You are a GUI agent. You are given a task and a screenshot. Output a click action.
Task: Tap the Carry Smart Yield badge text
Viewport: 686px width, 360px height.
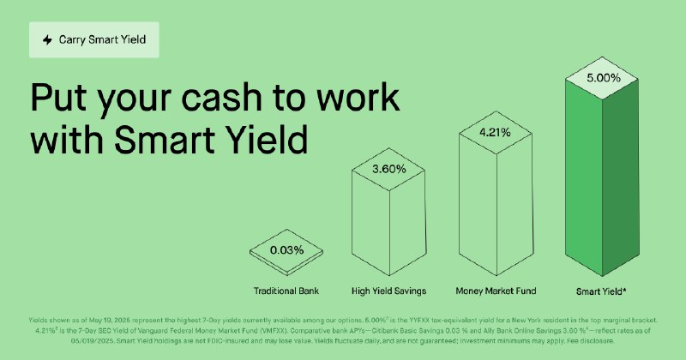[100, 39]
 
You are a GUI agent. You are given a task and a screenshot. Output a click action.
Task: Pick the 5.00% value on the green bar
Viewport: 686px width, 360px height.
[601, 77]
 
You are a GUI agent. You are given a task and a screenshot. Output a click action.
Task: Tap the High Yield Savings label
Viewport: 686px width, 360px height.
[389, 290]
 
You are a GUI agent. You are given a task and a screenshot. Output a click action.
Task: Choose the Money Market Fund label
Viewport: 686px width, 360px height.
[495, 290]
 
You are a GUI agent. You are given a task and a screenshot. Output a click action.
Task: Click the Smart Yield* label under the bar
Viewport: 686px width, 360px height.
[602, 290]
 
